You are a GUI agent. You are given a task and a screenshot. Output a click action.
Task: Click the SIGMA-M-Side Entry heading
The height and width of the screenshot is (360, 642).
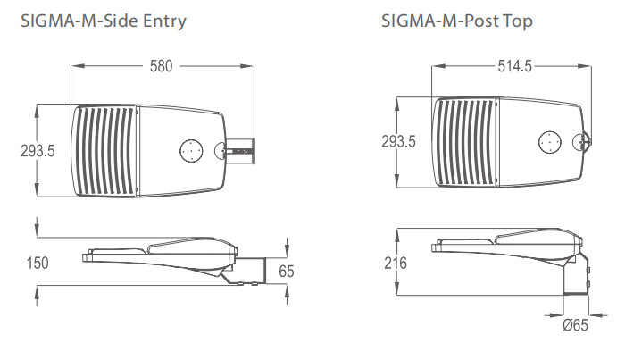[104, 21]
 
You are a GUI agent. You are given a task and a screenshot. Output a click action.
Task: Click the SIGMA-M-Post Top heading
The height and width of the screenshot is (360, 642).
[457, 21]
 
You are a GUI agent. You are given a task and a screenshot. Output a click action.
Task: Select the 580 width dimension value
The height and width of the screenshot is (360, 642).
[161, 66]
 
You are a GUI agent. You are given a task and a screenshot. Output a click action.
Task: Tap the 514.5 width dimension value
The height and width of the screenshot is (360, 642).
[514, 66]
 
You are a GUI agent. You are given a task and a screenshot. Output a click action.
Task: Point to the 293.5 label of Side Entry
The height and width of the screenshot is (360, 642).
[38, 151]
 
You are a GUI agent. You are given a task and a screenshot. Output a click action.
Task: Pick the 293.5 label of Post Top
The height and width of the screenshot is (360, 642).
[398, 142]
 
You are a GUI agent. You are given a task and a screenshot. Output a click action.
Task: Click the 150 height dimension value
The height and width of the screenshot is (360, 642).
[38, 263]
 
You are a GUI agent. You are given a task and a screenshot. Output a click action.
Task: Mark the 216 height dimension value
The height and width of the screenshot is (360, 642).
[395, 263]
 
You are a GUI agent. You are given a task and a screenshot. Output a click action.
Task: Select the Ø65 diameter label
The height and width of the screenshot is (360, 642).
[575, 325]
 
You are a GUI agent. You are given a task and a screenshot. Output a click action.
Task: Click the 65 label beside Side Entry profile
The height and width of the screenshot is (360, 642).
[287, 272]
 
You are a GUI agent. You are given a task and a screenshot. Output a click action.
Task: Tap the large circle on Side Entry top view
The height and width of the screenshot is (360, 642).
[191, 150]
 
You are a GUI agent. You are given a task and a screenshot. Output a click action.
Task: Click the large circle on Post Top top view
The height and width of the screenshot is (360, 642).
[550, 143]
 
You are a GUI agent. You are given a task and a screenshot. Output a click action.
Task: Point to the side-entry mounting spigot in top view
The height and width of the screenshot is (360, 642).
[241, 151]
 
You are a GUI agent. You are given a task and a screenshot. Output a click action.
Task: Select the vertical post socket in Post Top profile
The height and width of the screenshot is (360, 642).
[576, 274]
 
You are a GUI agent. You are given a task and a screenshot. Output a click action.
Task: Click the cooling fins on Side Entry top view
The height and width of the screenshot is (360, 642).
[104, 150]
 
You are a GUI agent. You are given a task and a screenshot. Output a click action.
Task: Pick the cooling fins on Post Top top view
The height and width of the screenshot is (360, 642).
[464, 142]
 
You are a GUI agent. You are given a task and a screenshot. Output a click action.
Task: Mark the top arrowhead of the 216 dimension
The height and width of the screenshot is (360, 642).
[396, 234]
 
